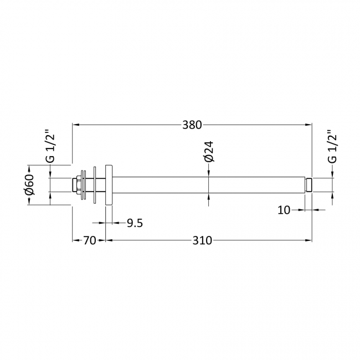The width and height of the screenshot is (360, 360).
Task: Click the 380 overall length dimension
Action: coord(191,125)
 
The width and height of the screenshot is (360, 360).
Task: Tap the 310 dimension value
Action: coord(203,240)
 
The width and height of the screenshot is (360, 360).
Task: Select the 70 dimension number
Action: coord(90,240)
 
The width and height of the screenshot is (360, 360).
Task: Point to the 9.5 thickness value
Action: coord(135,223)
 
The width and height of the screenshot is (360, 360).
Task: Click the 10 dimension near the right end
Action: coord(284,209)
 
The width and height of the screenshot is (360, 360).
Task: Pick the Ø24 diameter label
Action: coord(208,151)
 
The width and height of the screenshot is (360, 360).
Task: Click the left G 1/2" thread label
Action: coord(50,146)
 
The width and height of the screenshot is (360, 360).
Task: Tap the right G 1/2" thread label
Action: coord(332,146)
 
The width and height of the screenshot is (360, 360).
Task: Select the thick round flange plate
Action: coord(109,184)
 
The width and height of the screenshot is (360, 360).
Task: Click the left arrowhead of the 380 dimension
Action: coord(76,125)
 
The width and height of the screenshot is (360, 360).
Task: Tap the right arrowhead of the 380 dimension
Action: coord(311,125)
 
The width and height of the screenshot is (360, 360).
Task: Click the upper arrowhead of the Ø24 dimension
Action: coord(208,173)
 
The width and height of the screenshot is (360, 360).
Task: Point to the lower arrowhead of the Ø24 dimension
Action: coord(208,196)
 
